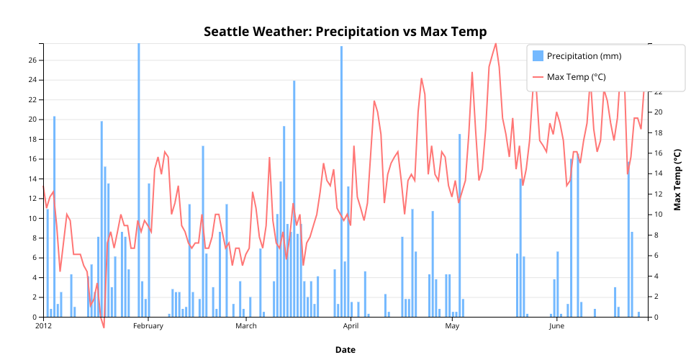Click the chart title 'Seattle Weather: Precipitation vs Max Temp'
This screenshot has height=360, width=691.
[345, 32]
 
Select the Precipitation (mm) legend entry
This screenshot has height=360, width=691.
[584, 56]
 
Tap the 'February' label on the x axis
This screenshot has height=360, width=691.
[148, 326]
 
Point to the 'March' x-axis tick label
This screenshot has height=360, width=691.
[246, 326]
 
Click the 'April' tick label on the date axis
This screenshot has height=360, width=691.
[351, 326]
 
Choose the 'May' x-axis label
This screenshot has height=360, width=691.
[453, 326]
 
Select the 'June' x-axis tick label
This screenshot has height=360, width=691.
[556, 326]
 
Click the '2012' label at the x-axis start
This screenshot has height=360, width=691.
[44, 326]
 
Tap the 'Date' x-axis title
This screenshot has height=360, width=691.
[345, 350]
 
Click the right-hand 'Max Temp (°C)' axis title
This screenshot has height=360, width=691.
[677, 180]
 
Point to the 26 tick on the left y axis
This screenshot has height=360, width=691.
[32, 60]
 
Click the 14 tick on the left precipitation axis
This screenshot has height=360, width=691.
[32, 179]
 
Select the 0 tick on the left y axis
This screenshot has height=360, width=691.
[35, 317]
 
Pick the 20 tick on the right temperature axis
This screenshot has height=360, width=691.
[659, 112]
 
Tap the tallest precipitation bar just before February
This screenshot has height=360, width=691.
[139, 180]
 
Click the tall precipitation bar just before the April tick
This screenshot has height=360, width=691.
[341, 180]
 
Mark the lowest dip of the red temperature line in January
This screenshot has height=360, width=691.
[104, 327]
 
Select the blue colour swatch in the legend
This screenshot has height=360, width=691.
[538, 56]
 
